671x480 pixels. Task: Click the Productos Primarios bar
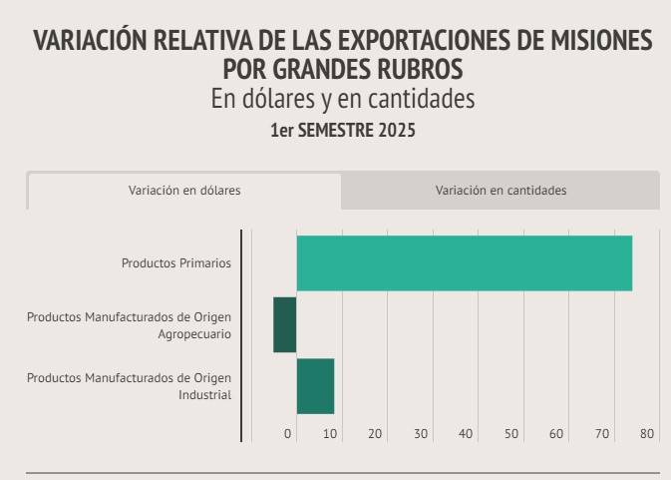point(465,263)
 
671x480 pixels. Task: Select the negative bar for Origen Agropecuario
point(285,324)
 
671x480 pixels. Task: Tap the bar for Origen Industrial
point(315,386)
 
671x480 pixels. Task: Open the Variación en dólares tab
point(184,191)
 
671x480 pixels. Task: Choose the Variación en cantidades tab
point(501,191)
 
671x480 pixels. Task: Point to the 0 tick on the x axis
point(288,433)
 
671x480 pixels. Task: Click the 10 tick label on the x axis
point(330,433)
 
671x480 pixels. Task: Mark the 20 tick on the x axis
point(375,433)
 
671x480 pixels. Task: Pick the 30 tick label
point(421,433)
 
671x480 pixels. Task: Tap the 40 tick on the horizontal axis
point(466,433)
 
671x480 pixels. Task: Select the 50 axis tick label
point(511,433)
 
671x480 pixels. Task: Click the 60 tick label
point(556,433)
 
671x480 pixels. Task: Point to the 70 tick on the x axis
point(602,433)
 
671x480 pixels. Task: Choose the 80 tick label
point(647,433)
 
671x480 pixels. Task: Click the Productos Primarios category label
point(176,263)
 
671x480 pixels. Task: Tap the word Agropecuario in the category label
point(194,334)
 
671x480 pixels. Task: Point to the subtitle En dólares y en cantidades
point(343,100)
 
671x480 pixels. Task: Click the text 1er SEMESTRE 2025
point(343,131)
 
